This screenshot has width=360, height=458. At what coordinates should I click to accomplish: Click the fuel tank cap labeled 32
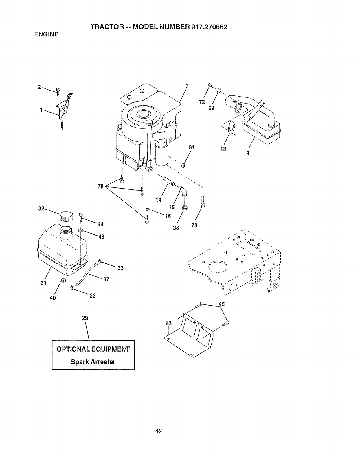[x=66, y=216]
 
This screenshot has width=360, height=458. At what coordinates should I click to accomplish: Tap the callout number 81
[x=191, y=147]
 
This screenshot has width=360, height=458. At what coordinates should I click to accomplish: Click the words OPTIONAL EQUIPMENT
[x=93, y=349]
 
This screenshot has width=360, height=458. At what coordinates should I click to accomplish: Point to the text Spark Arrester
[x=93, y=362]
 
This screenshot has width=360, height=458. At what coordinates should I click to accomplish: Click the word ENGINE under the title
[x=46, y=34]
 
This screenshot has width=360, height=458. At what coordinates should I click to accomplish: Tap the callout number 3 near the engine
[x=187, y=86]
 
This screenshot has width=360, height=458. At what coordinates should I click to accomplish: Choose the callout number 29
[x=85, y=318]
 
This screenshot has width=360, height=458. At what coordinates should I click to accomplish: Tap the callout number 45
[x=222, y=304]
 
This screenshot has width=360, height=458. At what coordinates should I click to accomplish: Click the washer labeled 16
[x=147, y=209]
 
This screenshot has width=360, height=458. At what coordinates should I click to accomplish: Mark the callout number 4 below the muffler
[x=248, y=153]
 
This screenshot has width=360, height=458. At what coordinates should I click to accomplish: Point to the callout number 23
[x=169, y=323]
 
